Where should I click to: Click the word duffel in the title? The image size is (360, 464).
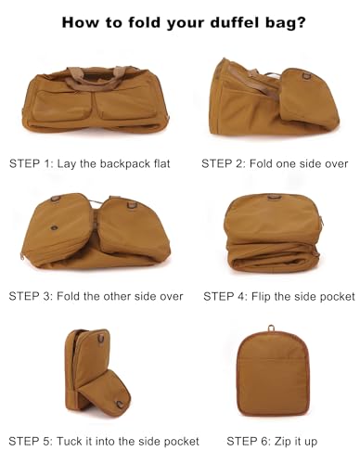tap(234, 22)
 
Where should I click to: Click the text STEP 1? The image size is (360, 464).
tap(31, 163)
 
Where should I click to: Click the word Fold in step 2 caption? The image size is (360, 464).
tap(261, 163)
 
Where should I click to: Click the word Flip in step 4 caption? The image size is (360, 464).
tap(261, 296)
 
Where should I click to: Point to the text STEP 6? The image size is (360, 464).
tap(248, 442)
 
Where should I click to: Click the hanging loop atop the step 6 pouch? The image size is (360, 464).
tap(272, 329)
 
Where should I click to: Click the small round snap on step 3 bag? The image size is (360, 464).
tap(55, 228)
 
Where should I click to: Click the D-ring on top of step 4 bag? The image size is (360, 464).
tap(273, 197)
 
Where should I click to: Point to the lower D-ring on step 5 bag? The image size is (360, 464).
tap(120, 404)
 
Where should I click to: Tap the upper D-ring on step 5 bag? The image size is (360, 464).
tap(101, 339)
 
